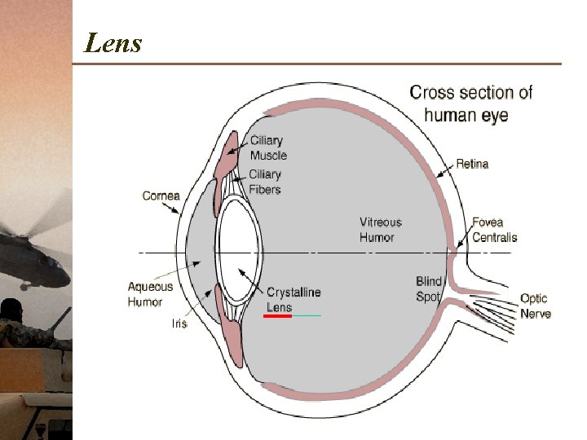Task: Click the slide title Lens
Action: click(113, 42)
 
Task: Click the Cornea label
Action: click(161, 196)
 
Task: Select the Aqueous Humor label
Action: click(150, 294)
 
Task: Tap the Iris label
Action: click(179, 323)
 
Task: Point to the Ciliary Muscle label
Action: click(268, 147)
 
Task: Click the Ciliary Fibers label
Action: click(265, 182)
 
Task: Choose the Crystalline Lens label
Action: click(293, 299)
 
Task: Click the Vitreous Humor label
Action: click(380, 229)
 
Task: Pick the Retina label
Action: click(472, 164)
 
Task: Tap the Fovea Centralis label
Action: click(494, 229)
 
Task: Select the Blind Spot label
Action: click(428, 289)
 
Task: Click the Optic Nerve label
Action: click(535, 306)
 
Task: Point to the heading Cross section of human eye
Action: click(470, 103)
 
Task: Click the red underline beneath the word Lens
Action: click(278, 315)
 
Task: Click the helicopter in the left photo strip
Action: click(33, 253)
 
